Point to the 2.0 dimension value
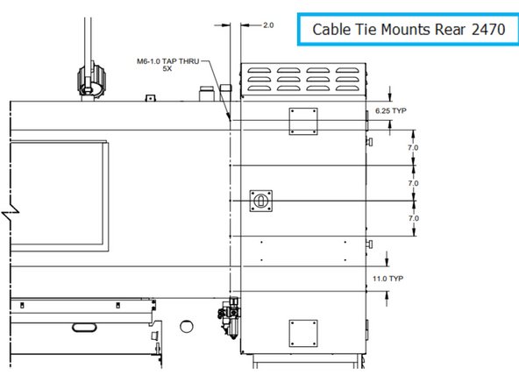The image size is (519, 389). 267,25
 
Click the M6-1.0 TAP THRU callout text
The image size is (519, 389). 169,60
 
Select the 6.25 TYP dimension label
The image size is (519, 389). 389,112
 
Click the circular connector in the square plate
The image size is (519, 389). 260,201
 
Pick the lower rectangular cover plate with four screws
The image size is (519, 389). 302,333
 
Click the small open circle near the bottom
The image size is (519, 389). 185,327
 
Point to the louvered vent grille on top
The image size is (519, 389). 303,81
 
